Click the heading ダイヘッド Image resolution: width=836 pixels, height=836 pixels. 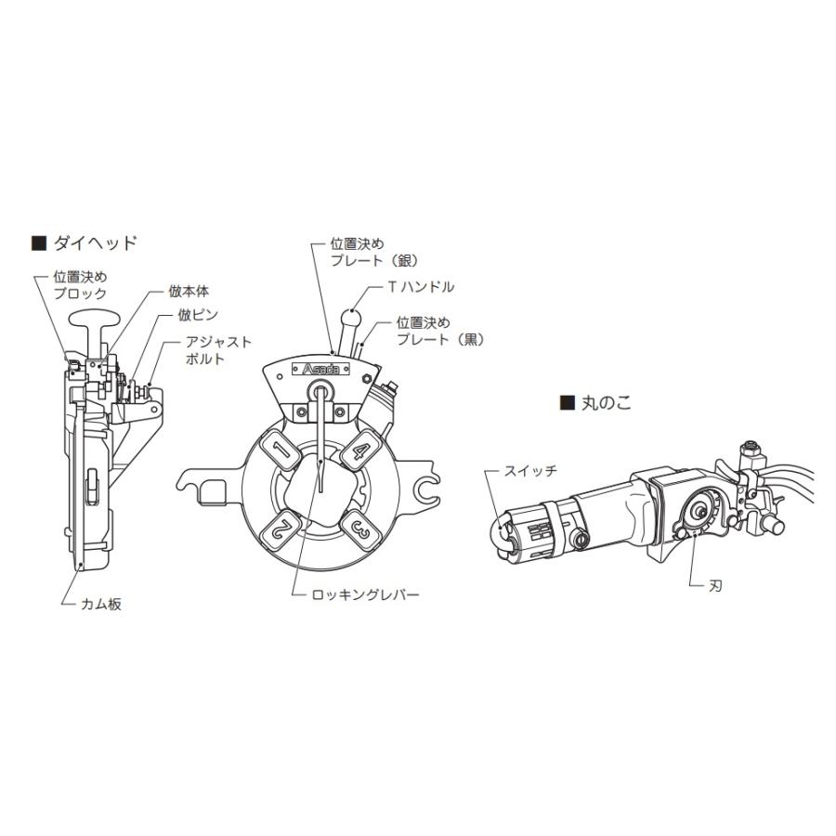93,243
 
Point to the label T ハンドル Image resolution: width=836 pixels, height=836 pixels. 422,287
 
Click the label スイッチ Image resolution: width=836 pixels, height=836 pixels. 530,471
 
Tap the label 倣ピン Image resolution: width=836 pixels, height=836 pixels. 200,315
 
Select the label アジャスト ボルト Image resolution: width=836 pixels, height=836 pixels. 219,350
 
